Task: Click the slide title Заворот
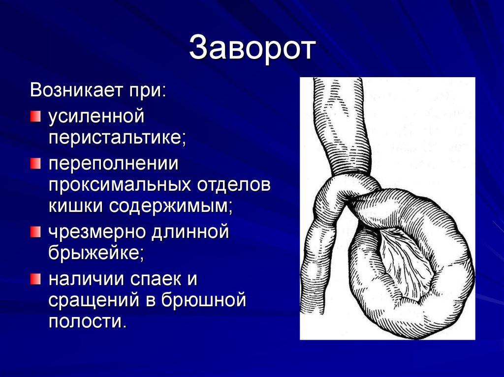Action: point(252,48)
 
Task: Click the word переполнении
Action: point(113,164)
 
